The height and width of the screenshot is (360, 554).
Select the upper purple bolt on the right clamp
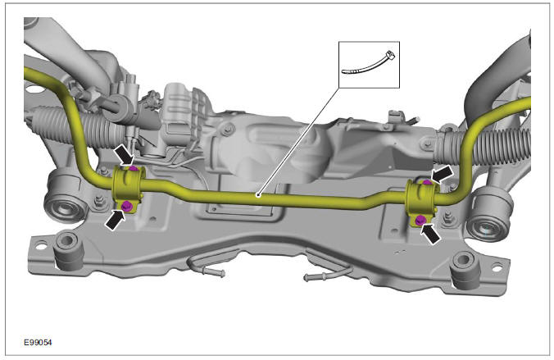[425, 180]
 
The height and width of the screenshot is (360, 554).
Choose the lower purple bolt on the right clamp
[420, 219]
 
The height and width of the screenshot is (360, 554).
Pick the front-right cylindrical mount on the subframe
[465, 271]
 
